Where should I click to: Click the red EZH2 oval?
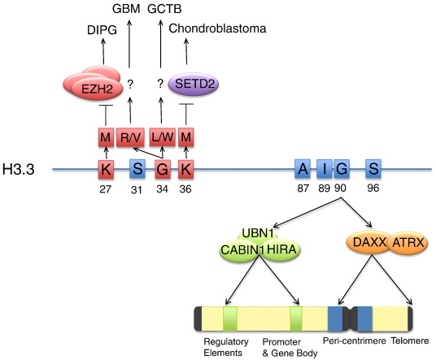pyautogui.click(x=97, y=89)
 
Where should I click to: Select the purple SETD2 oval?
pyautogui.click(x=194, y=84)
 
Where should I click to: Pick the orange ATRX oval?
pyautogui.click(x=408, y=243)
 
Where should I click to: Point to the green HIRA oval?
pyautogui.click(x=281, y=249)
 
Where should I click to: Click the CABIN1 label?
pyautogui.click(x=242, y=250)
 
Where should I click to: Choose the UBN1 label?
pyautogui.click(x=258, y=233)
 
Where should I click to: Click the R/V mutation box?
pyautogui.click(x=130, y=137)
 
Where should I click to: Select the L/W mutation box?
pyautogui.click(x=163, y=137)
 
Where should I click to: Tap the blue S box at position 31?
pyautogui.click(x=137, y=168)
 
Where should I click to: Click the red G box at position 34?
pyautogui.click(x=163, y=169)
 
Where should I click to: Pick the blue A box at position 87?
pyautogui.click(x=303, y=168)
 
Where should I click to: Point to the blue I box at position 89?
pyautogui.click(x=325, y=168)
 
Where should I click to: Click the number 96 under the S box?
pyautogui.click(x=373, y=188)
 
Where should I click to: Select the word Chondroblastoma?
pyautogui.click(x=217, y=28)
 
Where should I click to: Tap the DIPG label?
pyautogui.click(x=102, y=30)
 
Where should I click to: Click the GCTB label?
pyautogui.click(x=164, y=9)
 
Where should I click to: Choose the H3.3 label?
pyautogui.click(x=19, y=169)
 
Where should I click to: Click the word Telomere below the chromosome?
pyautogui.click(x=410, y=340)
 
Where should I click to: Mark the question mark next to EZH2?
pyautogui.click(x=130, y=84)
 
